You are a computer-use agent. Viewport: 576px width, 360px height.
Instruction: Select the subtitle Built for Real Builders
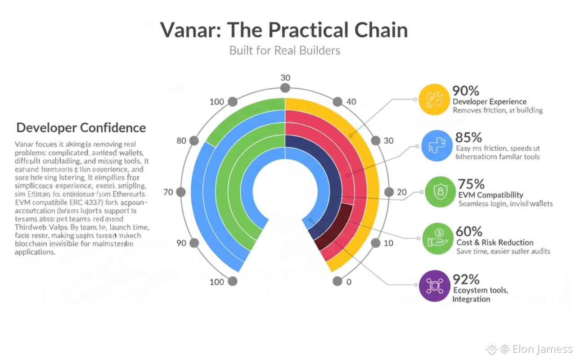284,50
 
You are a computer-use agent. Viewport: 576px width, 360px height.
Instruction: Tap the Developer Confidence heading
81,128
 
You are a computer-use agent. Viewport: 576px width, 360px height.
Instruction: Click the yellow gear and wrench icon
434,99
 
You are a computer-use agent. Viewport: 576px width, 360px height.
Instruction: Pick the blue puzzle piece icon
436,146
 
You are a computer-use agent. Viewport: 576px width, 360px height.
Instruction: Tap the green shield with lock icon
440,192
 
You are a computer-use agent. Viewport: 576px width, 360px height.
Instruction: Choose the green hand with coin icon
438,238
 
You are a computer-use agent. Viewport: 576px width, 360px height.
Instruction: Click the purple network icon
434,285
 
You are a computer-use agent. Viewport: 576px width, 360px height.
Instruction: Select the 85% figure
468,137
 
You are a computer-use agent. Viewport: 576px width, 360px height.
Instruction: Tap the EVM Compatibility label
490,195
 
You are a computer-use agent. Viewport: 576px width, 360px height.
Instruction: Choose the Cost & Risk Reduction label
495,242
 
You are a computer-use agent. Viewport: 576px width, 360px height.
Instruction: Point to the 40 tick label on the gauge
351,102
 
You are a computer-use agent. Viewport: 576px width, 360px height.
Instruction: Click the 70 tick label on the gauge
168,192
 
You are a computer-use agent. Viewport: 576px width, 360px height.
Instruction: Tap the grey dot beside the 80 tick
194,140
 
